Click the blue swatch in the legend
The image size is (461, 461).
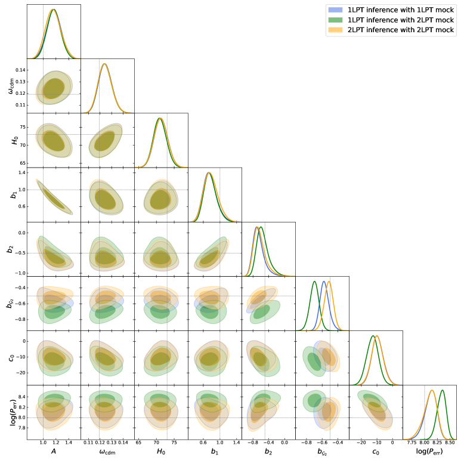pyautogui.click(x=335, y=10)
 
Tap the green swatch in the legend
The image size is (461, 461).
pyautogui.click(x=335, y=20)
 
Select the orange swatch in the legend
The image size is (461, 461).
pyautogui.click(x=335, y=30)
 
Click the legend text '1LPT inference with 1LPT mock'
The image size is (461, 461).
pyautogui.click(x=400, y=10)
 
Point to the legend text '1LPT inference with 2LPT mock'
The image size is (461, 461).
pyautogui.click(x=400, y=20)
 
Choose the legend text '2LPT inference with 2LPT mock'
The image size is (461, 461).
pyautogui.click(x=400, y=30)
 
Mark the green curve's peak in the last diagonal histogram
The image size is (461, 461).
pyautogui.click(x=443, y=390)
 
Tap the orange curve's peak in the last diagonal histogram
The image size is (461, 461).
pyautogui.click(x=432, y=390)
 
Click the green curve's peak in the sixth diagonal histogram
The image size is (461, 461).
pyautogui.click(x=315, y=281)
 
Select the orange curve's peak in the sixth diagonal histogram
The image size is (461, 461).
pyautogui.click(x=329, y=281)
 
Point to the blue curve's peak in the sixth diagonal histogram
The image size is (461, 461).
pyautogui.click(x=324, y=281)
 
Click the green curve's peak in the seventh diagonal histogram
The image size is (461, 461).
pyautogui.click(x=373, y=336)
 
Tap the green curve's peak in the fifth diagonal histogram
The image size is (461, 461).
pyautogui.click(x=261, y=227)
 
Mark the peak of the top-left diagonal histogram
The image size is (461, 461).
pyautogui.click(x=53, y=10)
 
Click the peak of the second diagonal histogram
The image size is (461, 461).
pyautogui.click(x=105, y=64)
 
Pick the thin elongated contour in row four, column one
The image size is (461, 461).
pyautogui.click(x=54, y=196)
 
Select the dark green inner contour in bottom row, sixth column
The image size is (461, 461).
pyautogui.click(x=314, y=400)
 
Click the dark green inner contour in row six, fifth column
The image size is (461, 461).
pyautogui.click(x=262, y=313)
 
